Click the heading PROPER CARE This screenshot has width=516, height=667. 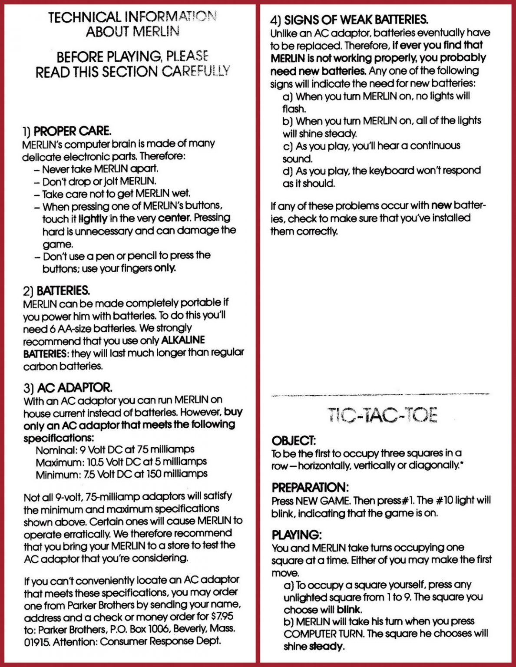(72, 131)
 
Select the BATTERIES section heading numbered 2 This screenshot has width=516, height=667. (63, 290)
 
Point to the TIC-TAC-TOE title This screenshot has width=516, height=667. (381, 416)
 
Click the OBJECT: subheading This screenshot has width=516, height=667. (294, 441)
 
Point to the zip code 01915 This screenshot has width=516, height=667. (36, 641)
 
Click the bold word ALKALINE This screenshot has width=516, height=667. (183, 340)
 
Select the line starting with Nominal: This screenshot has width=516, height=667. (115, 449)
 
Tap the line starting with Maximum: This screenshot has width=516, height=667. (121, 462)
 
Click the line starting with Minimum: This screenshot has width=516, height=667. (121, 474)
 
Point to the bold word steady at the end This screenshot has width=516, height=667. (326, 647)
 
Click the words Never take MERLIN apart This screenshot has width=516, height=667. (100, 168)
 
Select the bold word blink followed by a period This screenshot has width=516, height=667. (349, 609)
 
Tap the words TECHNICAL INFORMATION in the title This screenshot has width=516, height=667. (132, 17)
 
